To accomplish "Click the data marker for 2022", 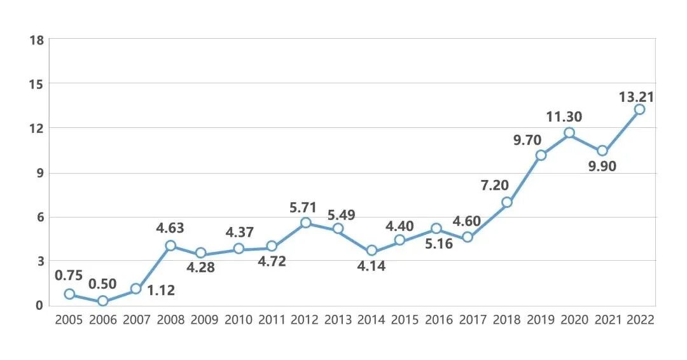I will [x=639, y=109].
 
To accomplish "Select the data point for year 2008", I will [x=170, y=246].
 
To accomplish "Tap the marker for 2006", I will [x=103, y=301].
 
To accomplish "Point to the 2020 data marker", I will [x=569, y=133].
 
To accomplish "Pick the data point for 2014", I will [x=371, y=251].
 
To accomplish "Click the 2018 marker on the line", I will [x=507, y=202].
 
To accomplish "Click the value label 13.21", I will [x=636, y=97].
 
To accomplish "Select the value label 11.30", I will [x=564, y=117].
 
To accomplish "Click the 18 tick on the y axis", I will [x=36, y=40].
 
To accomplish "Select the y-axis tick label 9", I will [x=39, y=172].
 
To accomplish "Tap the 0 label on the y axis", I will [x=39, y=305].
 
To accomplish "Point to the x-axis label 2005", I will [x=69, y=320].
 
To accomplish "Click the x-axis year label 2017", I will [x=474, y=320].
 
